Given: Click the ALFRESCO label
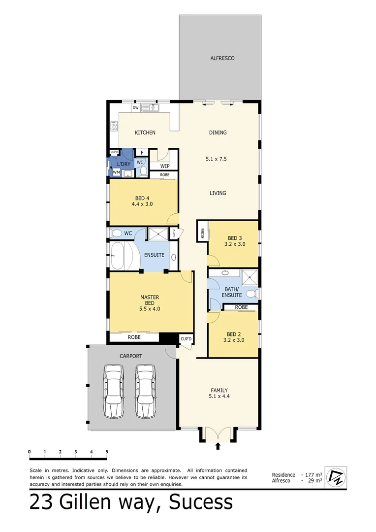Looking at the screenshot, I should [222, 58].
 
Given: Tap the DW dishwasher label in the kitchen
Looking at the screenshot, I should [135, 107].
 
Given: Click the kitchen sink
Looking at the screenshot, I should [150, 107].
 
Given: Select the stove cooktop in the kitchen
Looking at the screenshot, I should [114, 127].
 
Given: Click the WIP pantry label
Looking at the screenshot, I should [165, 166].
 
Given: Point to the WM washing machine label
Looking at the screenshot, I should [116, 172].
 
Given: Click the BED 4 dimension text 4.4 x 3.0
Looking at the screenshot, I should [142, 203].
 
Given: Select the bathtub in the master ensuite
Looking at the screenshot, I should [120, 256].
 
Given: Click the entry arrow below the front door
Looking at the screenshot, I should [218, 446].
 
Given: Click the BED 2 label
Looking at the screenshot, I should [234, 333].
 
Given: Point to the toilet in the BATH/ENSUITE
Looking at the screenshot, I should [251, 294].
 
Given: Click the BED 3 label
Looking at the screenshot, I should [234, 237].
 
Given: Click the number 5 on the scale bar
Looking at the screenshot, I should [106, 451].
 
